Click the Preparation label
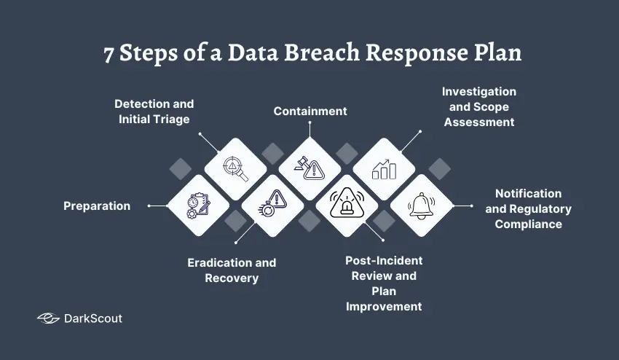[97, 206]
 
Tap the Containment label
[310, 111]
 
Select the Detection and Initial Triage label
[154, 111]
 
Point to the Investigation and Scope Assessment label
[478, 106]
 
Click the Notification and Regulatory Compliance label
[528, 208]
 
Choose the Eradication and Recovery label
[232, 270]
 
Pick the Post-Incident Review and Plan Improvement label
[383, 283]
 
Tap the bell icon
[422, 206]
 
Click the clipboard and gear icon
[197, 206]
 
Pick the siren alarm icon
[347, 206]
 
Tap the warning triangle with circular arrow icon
[272, 206]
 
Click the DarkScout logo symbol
[48, 318]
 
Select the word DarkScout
[93, 318]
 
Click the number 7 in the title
[109, 56]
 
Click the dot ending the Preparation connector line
[149, 206]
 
